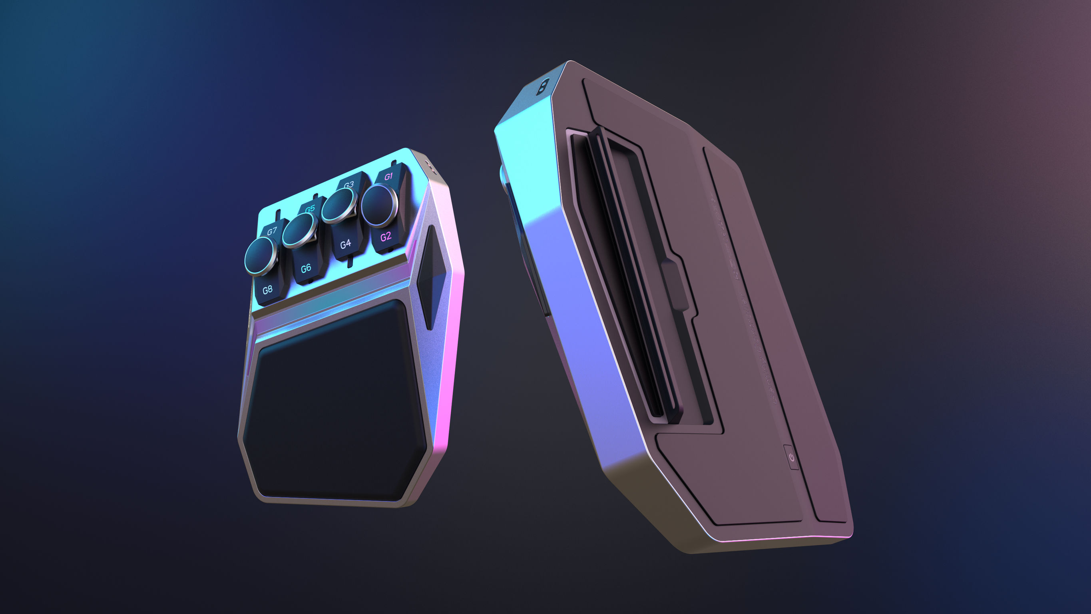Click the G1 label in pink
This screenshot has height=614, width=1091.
(388, 176)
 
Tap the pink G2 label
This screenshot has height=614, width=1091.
(385, 237)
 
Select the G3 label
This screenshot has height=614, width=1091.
(348, 184)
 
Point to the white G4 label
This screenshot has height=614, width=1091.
(346, 244)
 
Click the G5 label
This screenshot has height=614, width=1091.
(310, 209)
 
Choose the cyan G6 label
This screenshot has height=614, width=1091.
(306, 268)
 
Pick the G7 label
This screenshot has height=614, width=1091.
(272, 231)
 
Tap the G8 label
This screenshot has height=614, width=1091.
(267, 290)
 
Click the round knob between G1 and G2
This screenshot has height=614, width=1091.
(380, 205)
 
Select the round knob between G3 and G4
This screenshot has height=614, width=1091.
(339, 205)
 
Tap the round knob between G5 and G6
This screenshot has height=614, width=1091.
(299, 231)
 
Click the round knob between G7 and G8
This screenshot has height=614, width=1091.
(261, 256)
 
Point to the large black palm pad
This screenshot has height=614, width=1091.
(334, 403)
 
